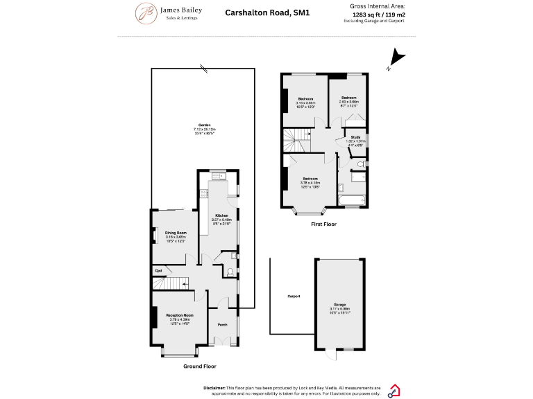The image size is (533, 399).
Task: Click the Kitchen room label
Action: [x=221, y=215]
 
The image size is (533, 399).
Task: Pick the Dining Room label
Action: [x=176, y=233]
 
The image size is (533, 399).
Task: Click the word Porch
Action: [x=223, y=325]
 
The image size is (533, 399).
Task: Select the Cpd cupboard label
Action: [x=158, y=270]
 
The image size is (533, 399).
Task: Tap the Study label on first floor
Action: [x=355, y=137]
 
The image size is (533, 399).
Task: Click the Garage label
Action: [x=339, y=305]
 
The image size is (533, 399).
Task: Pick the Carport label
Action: [x=294, y=296]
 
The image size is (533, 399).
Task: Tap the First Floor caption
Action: [x=323, y=224]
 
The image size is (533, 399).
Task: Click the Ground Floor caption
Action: [x=199, y=366]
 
